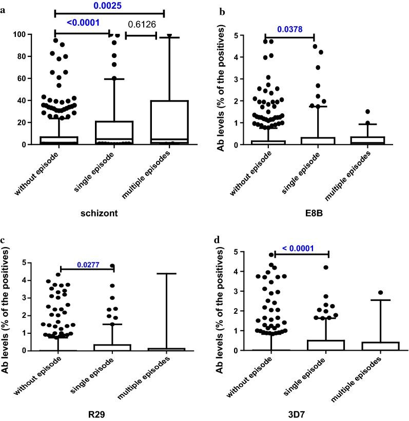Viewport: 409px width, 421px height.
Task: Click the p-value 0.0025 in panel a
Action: pyautogui.click(x=109, y=5)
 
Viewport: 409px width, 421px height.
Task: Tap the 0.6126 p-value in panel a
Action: pyautogui.click(x=141, y=24)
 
